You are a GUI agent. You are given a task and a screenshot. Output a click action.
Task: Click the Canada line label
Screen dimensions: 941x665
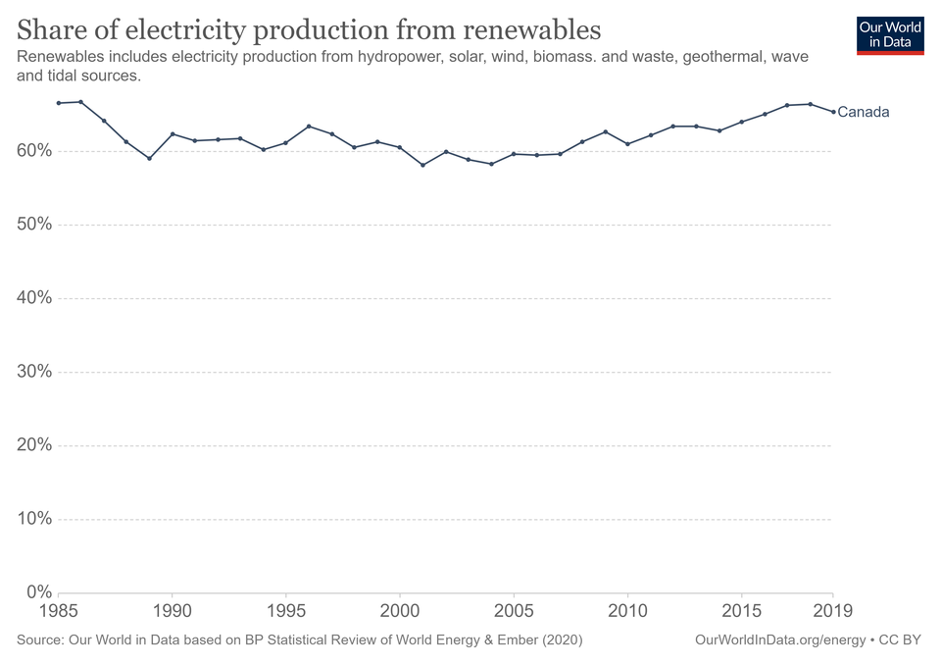pyautogui.click(x=863, y=112)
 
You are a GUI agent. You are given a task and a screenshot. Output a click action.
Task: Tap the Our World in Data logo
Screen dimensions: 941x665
pyautogui.click(x=889, y=34)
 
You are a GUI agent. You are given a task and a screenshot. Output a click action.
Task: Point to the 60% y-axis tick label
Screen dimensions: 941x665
pyautogui.click(x=34, y=151)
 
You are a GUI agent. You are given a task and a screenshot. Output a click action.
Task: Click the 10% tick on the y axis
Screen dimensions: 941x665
pyautogui.click(x=34, y=519)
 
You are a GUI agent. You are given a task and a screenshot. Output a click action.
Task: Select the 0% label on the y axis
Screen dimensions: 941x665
pyautogui.click(x=38, y=592)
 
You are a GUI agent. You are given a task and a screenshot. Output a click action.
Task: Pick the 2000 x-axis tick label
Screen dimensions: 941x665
pyautogui.click(x=400, y=611)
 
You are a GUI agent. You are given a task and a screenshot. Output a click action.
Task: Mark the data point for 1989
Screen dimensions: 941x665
pyautogui.click(x=149, y=158)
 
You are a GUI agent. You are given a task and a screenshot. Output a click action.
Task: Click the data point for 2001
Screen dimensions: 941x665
pyautogui.click(x=422, y=165)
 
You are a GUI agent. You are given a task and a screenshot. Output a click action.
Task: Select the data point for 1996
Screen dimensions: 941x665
pyautogui.click(x=309, y=127)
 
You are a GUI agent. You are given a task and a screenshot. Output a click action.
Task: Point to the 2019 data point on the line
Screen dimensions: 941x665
pyautogui.click(x=833, y=112)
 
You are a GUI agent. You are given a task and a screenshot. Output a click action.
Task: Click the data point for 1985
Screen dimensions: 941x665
pyautogui.click(x=59, y=103)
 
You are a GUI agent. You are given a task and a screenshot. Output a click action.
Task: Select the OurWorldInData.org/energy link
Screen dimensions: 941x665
pyautogui.click(x=779, y=640)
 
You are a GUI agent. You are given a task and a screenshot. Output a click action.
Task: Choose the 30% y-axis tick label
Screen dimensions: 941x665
pyautogui.click(x=34, y=372)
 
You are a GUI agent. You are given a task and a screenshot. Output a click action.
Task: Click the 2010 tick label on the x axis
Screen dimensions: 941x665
pyautogui.click(x=627, y=611)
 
